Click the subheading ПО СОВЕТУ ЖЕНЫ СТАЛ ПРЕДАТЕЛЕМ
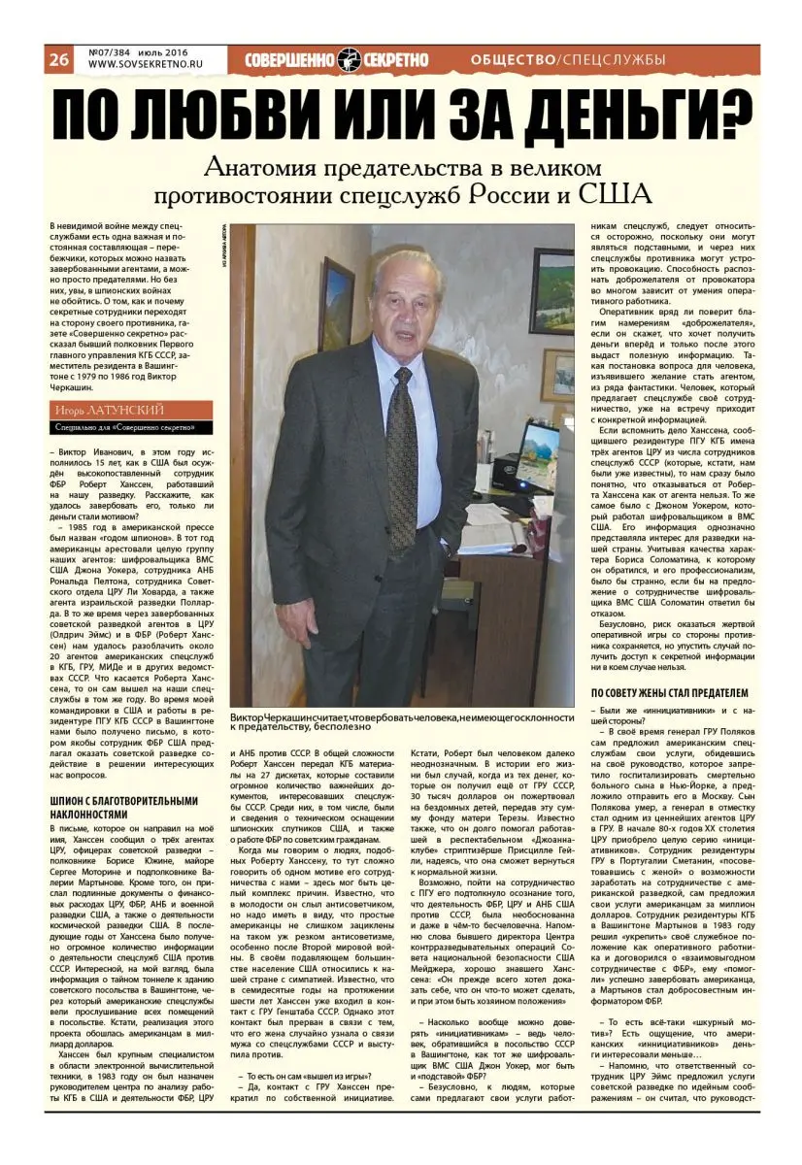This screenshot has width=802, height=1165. point(669,693)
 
